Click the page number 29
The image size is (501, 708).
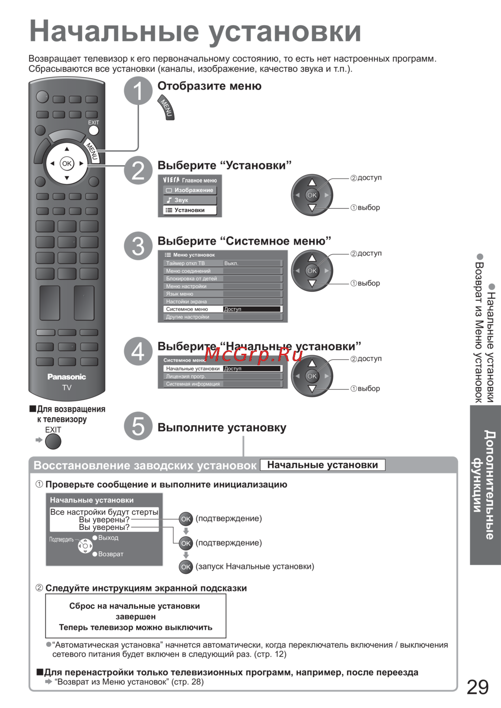477,687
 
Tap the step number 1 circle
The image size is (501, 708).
138,91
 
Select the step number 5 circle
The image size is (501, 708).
138,426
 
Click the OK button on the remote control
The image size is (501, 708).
67,164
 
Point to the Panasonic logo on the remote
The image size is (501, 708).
67,377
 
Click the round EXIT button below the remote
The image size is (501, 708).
53,441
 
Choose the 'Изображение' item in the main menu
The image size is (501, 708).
190,190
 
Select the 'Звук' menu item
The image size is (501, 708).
181,200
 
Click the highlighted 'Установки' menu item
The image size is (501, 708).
189,210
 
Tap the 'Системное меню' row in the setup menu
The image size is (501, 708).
187,309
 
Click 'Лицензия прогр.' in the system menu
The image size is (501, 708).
186,376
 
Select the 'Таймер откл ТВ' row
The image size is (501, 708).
185,263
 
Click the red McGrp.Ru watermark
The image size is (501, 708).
254,354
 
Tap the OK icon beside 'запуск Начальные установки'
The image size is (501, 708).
186,567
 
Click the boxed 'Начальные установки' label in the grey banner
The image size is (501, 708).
323,465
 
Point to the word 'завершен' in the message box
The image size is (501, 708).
135,616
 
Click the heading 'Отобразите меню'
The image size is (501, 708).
209,86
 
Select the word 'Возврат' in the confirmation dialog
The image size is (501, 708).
111,554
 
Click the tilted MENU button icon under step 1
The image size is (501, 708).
166,108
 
